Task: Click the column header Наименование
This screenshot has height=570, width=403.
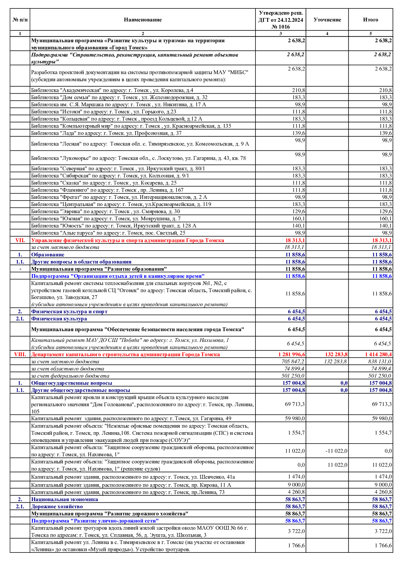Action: pyautogui.click(x=143, y=20)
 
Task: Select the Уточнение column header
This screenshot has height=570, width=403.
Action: pyautogui.click(x=327, y=20)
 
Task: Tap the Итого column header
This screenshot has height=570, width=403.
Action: pyautogui.click(x=370, y=20)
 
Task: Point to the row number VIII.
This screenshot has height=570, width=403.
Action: pyautogui.click(x=20, y=355)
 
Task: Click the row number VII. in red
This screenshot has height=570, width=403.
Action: pyautogui.click(x=20, y=240)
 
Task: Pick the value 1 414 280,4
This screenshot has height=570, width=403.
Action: pyautogui.click(x=378, y=355)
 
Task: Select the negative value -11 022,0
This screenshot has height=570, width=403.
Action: pyautogui.click(x=336, y=451)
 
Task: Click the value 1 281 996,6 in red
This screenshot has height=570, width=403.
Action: pyautogui.click(x=292, y=355)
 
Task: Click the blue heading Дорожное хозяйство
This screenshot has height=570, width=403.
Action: pyautogui.click(x=57, y=507)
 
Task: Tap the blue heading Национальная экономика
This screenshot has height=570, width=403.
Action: pyautogui.click(x=64, y=499)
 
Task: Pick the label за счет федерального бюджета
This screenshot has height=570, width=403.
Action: pyautogui.click(x=70, y=376)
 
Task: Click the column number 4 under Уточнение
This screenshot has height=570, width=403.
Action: pyautogui.click(x=327, y=33)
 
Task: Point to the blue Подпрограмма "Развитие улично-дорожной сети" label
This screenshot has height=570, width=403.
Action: pyautogui.click(x=95, y=521)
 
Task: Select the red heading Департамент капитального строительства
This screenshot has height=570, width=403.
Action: pyautogui.click(x=125, y=355)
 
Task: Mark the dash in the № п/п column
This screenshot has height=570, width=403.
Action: pyautogui.click(x=20, y=269)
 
